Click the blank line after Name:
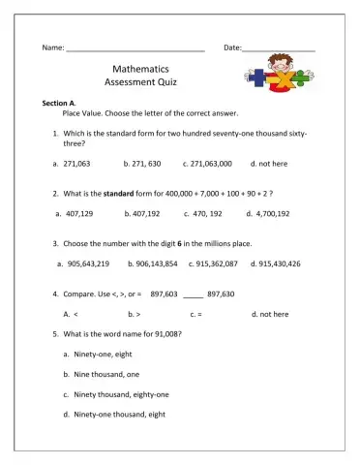(x=135, y=48)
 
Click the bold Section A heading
(x=60, y=102)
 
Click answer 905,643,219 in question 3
(x=88, y=263)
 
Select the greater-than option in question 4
(x=138, y=314)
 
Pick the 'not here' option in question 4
(x=273, y=314)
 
